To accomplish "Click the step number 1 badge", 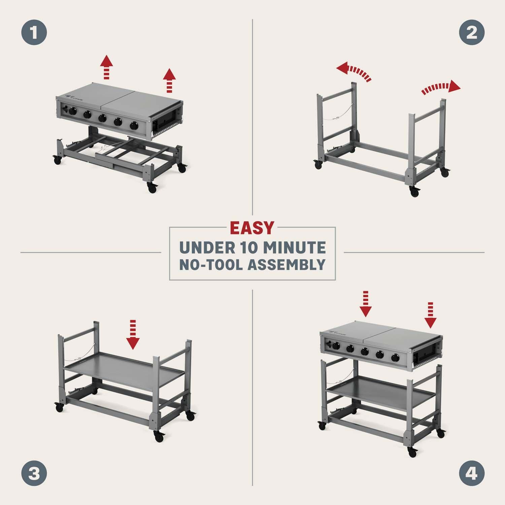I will pyautogui.click(x=34, y=33).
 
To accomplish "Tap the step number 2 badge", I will pyautogui.click(x=472, y=33).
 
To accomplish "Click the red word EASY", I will pyautogui.click(x=252, y=228).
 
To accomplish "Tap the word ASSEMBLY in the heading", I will pyautogui.click(x=287, y=265).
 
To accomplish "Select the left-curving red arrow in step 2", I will pyautogui.click(x=353, y=71).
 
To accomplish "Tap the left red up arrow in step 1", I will pyautogui.click(x=107, y=67).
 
